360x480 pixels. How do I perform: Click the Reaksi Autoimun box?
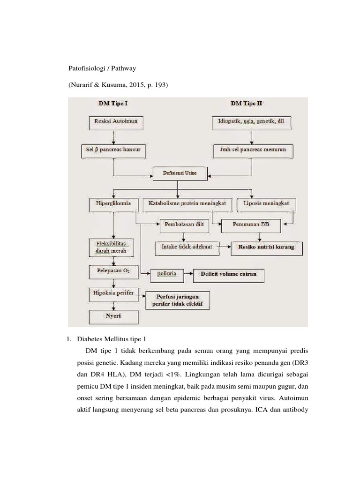pos(116,123)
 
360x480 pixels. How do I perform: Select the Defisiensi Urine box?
pos(177,173)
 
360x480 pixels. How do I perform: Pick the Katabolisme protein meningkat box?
pos(187,204)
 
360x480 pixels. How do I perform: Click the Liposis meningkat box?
pos(267,204)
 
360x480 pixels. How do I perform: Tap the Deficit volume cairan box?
pos(228,274)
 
